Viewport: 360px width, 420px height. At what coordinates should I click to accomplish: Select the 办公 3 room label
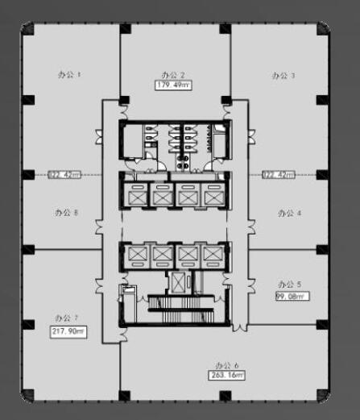(283, 75)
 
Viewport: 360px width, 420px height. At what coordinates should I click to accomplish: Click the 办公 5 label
(289, 285)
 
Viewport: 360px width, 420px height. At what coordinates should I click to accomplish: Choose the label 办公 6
(226, 364)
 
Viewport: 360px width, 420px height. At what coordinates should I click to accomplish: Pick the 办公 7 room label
(65, 318)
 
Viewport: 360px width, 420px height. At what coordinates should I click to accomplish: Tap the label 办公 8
(66, 214)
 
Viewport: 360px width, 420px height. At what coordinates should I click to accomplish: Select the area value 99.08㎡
(290, 296)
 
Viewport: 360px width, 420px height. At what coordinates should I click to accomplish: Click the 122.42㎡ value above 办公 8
(64, 173)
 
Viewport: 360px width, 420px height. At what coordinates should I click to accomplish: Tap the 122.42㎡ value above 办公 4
(279, 173)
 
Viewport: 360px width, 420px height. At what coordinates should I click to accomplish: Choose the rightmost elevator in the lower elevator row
(211, 255)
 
